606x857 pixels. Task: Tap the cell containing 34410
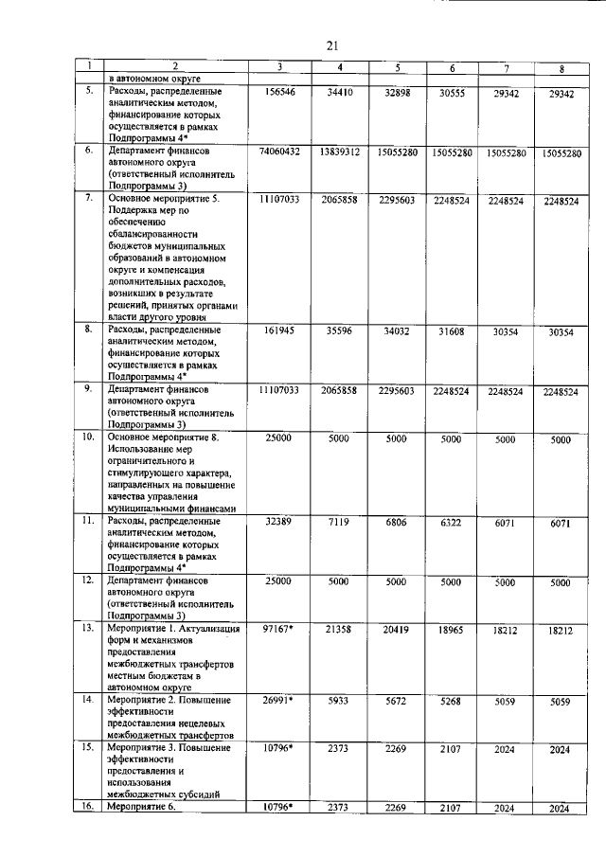click(338, 94)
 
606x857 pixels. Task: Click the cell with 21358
click(338, 630)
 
